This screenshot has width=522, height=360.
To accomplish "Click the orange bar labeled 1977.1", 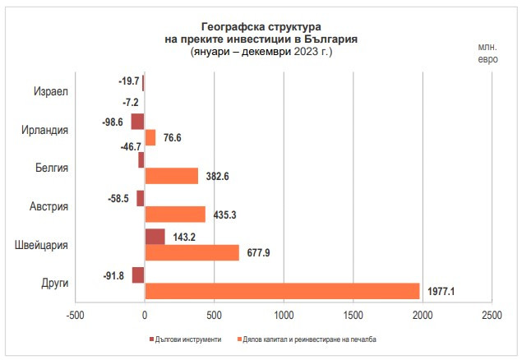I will [282, 291].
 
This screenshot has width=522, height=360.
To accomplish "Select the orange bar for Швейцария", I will [192, 252].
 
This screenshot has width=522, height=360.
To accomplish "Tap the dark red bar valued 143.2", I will [155, 237].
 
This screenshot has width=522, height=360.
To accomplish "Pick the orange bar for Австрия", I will [175, 214].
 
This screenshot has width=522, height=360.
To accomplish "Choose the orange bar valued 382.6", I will [172, 176].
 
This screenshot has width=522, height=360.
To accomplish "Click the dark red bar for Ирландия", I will [138, 122].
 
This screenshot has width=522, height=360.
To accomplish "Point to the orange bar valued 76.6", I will [150, 137].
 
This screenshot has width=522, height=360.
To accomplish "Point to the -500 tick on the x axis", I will [75, 316].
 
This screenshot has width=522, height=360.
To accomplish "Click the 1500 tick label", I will [353, 316].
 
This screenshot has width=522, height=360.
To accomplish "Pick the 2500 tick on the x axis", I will [492, 316].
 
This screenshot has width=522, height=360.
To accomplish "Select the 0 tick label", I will [145, 316].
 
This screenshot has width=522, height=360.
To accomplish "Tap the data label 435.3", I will [224, 215].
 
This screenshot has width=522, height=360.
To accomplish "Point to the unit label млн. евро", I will [487, 53].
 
